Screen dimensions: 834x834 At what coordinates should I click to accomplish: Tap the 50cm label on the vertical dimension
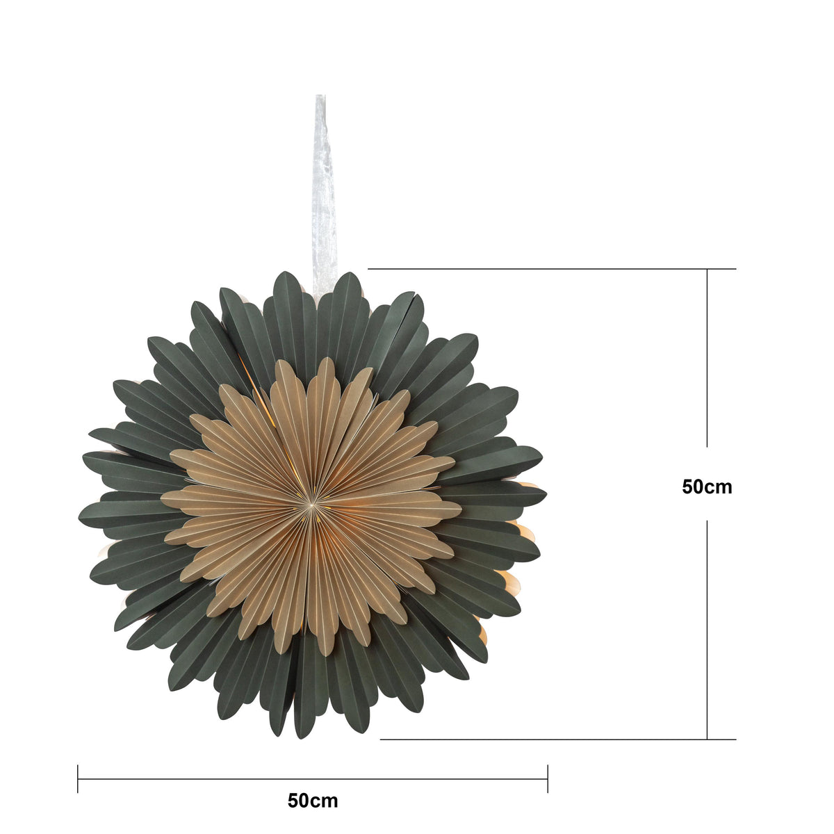coord(708,487)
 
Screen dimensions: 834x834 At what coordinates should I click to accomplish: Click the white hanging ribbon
coord(325,195)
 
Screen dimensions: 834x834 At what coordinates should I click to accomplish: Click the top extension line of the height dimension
coord(552,269)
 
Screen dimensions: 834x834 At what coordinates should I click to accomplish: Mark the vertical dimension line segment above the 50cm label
coord(708,358)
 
